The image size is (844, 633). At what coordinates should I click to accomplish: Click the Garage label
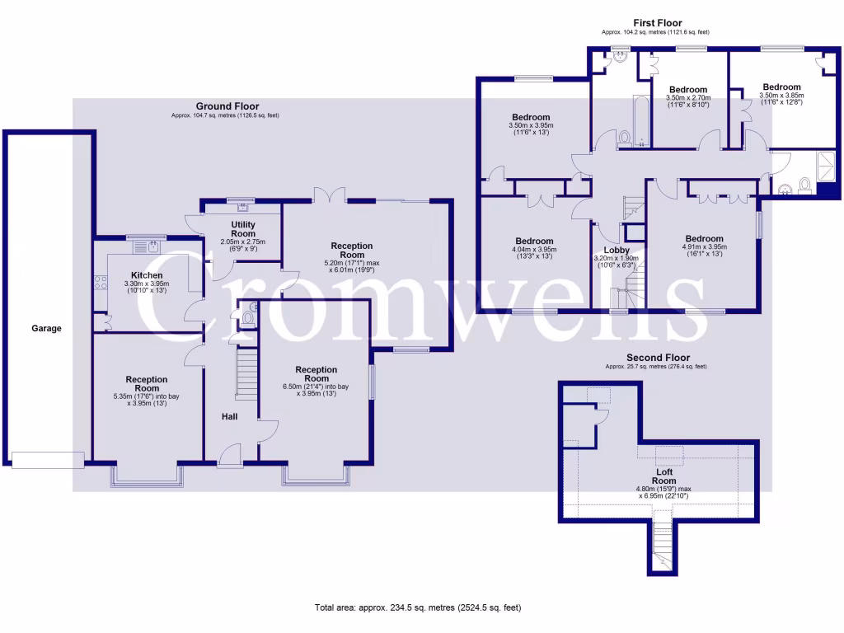pos(47,328)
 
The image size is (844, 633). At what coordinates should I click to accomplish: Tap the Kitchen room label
pos(147,275)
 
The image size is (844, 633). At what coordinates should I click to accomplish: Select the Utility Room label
pos(243,229)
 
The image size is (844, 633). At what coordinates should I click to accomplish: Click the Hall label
pos(229,417)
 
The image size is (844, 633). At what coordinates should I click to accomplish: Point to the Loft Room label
pos(663,476)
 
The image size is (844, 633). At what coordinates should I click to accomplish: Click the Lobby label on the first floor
pos(617,250)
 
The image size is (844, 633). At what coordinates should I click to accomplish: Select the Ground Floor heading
pos(227,106)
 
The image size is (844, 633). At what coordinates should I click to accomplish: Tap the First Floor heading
pos(657,23)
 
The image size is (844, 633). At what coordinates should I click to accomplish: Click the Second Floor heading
pos(656,358)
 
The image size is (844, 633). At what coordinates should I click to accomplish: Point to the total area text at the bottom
pos(418,607)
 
